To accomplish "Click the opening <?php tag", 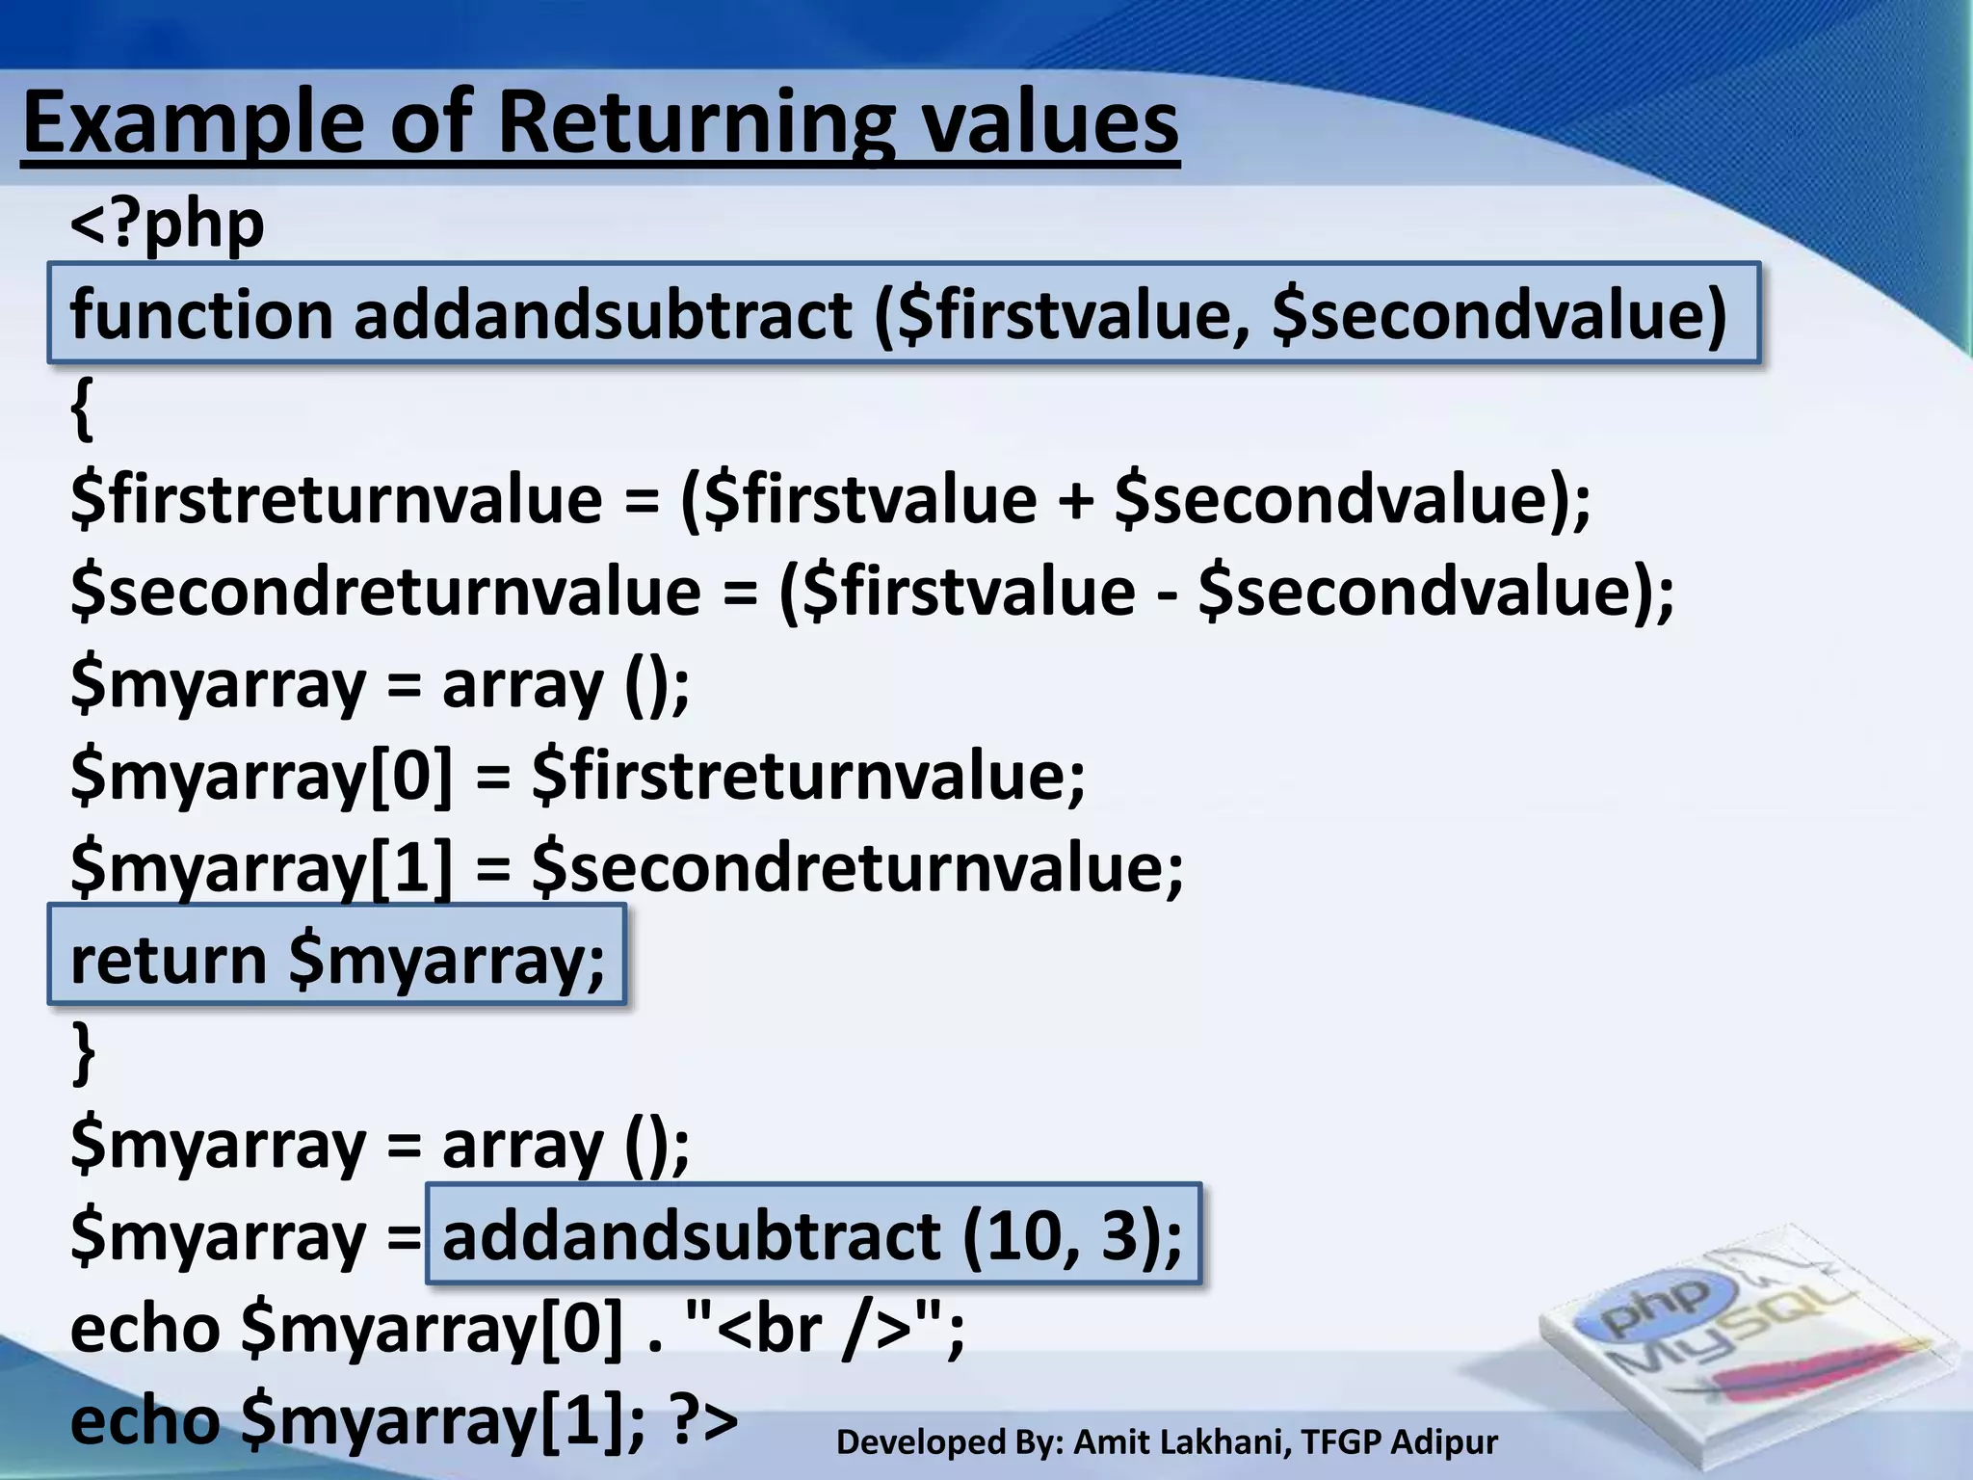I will point(168,225).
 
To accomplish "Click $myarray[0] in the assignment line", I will point(261,777).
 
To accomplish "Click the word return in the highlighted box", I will point(169,961).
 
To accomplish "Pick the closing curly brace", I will point(84,1052).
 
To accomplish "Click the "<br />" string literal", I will point(814,1328).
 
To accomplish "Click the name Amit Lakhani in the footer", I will point(1180,1442).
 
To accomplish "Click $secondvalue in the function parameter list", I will point(1498,315).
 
